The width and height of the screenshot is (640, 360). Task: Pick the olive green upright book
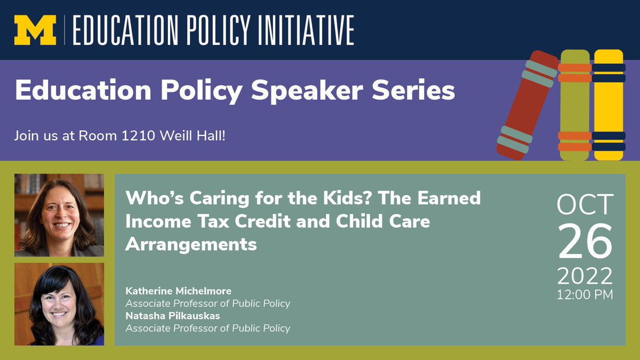pyautogui.click(x=574, y=105)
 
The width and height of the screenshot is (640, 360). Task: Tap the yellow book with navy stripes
pyautogui.click(x=609, y=105)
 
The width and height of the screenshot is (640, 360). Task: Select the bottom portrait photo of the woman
pyautogui.click(x=59, y=304)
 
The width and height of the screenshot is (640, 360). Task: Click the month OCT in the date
pyautogui.click(x=585, y=205)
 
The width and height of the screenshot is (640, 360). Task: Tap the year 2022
pyautogui.click(x=585, y=276)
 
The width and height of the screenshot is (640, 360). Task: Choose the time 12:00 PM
pyautogui.click(x=585, y=294)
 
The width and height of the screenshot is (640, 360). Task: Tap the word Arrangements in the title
pyautogui.click(x=191, y=244)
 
